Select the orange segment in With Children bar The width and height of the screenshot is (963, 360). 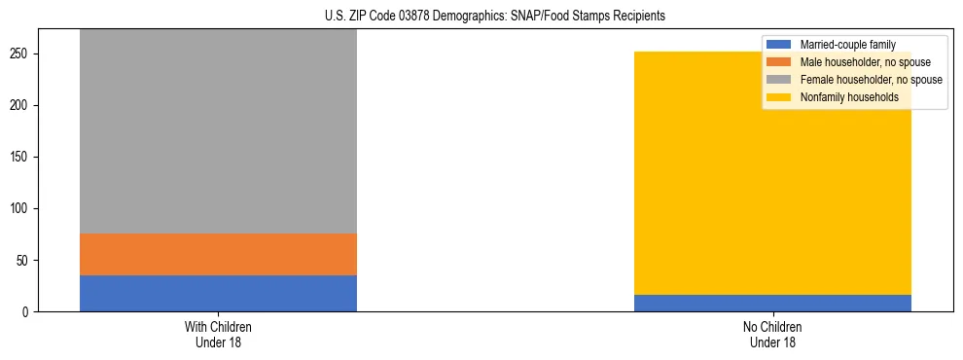click(218, 254)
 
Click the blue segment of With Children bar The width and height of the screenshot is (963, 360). click(218, 293)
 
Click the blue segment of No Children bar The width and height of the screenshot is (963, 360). click(772, 303)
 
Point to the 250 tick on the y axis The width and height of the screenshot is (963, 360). click(21, 54)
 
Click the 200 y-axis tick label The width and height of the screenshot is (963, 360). click(21, 105)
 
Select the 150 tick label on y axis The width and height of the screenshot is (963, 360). click(21, 157)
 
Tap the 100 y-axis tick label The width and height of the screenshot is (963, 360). click(21, 208)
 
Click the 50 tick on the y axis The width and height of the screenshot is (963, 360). click(24, 260)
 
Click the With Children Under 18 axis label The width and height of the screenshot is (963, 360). click(218, 334)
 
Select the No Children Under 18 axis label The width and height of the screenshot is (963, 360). click(772, 334)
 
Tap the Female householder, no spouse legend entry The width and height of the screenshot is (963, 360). click(869, 80)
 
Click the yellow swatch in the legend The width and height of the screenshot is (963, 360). click(779, 97)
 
